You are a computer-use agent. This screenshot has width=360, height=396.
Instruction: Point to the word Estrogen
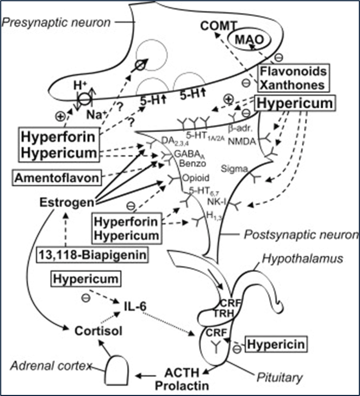63,202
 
